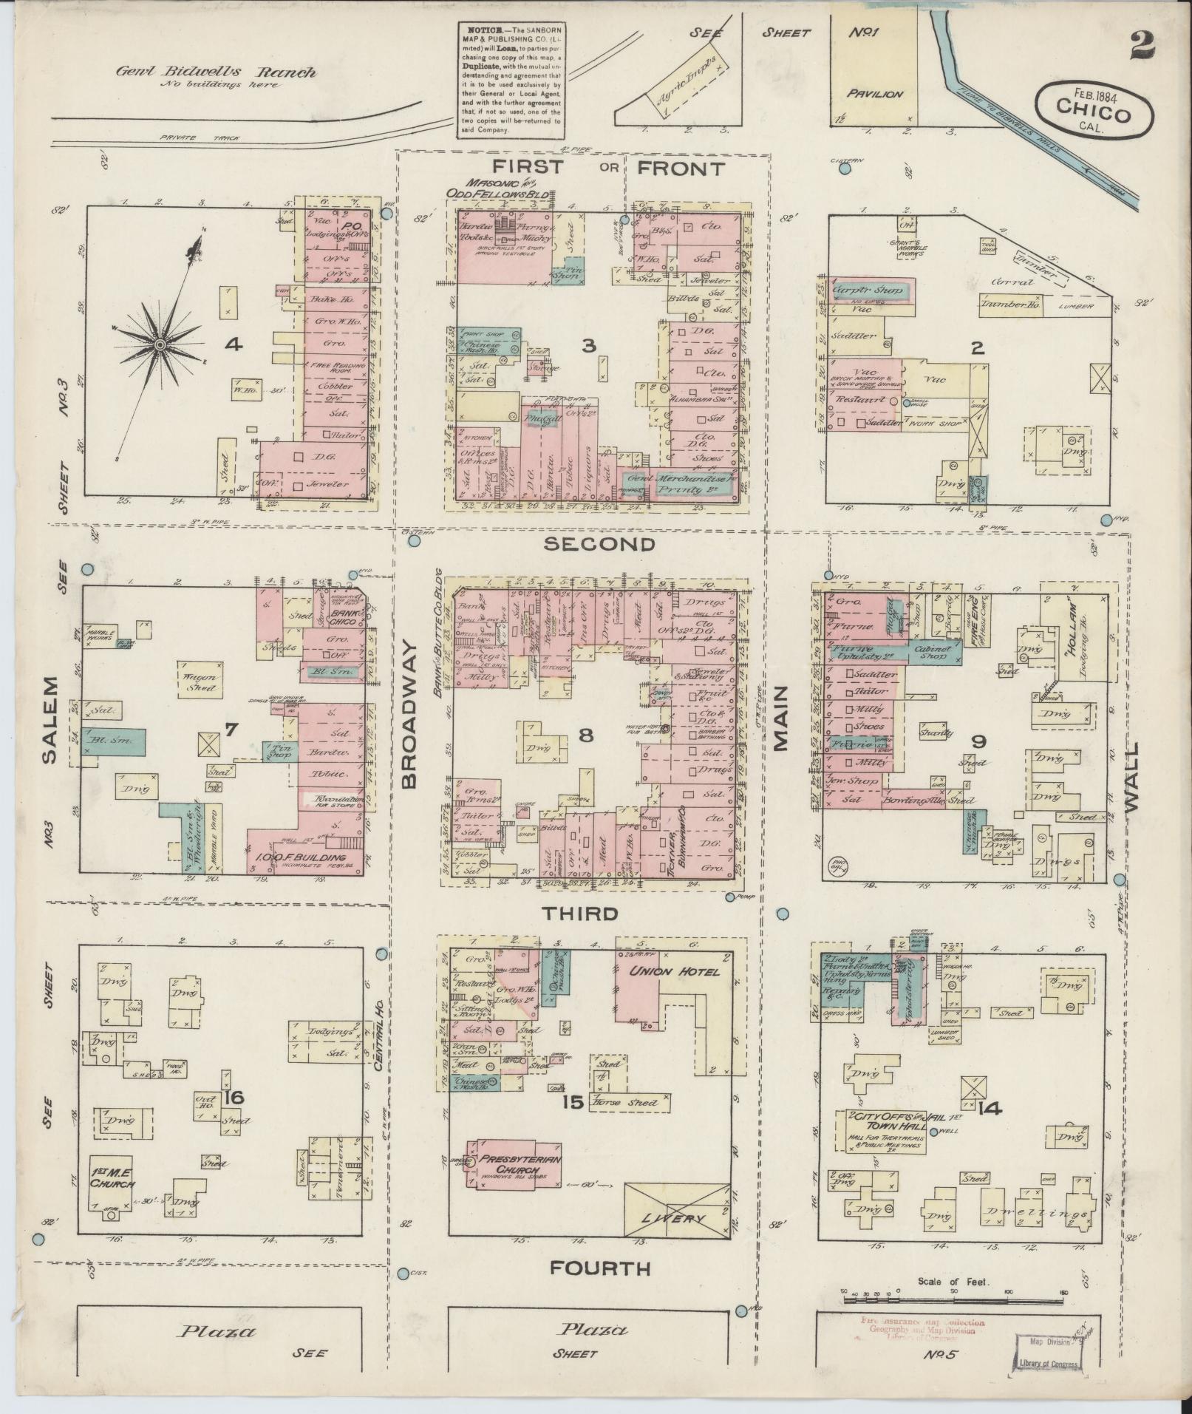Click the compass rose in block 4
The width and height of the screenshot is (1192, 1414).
(160, 344)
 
